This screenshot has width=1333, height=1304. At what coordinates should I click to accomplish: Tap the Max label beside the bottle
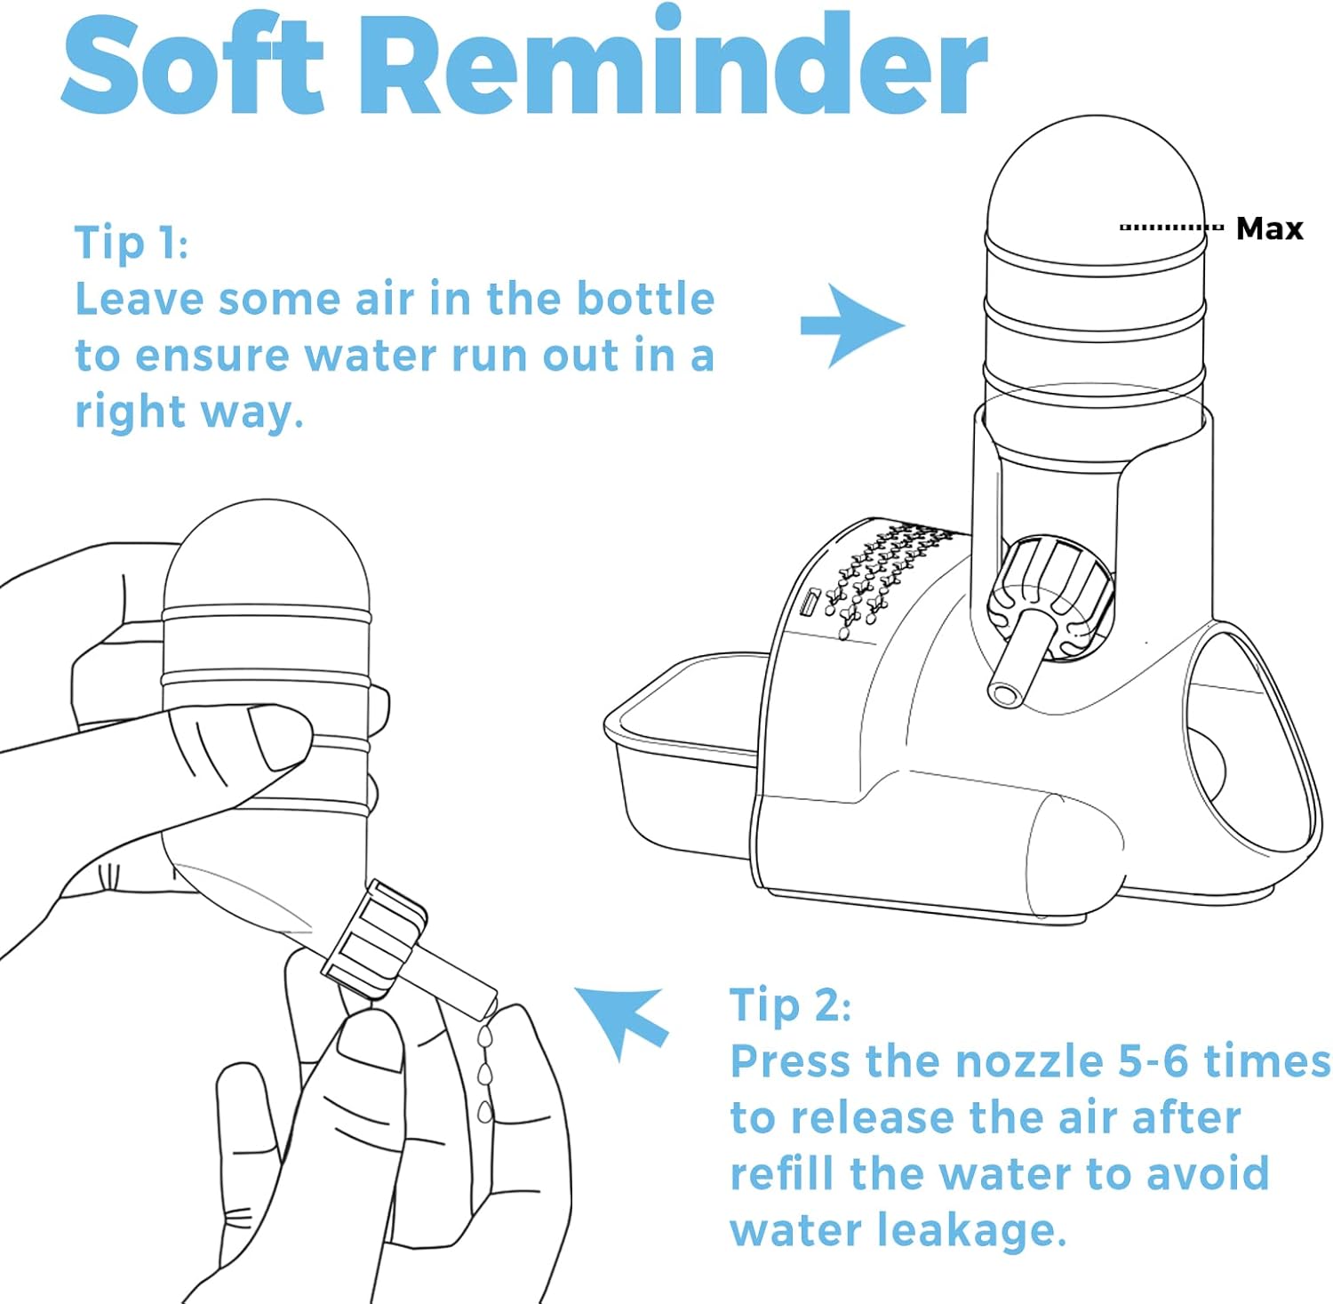click(x=1269, y=228)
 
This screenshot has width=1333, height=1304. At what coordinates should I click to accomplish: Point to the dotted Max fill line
click(x=1171, y=228)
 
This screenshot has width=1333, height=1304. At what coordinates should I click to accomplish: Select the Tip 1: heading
click(x=131, y=243)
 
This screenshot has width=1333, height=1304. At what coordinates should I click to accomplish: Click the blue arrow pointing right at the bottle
click(x=851, y=325)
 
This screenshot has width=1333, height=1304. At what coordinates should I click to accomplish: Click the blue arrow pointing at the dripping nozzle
click(x=621, y=1021)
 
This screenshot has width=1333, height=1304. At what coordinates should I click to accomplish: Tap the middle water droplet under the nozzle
click(x=484, y=1076)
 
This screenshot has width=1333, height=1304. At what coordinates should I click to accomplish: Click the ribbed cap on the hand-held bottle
click(x=373, y=940)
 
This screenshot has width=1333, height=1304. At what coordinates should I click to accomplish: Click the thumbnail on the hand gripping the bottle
click(x=280, y=736)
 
